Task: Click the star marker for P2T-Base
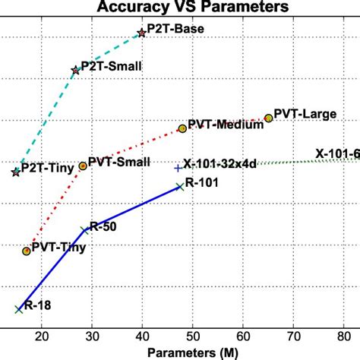pyautogui.click(x=141, y=33)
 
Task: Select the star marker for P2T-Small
pyautogui.click(x=75, y=70)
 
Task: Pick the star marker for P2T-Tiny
pyautogui.click(x=16, y=172)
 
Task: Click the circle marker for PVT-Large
pyautogui.click(x=268, y=118)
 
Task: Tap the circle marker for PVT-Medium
pyautogui.click(x=182, y=129)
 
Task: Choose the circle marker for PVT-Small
pyautogui.click(x=83, y=166)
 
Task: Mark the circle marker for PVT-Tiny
pyautogui.click(x=27, y=250)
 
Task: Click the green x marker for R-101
pyautogui.click(x=179, y=186)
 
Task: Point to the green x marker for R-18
pyautogui.click(x=17, y=308)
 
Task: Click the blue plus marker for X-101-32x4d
pyautogui.click(x=178, y=168)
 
